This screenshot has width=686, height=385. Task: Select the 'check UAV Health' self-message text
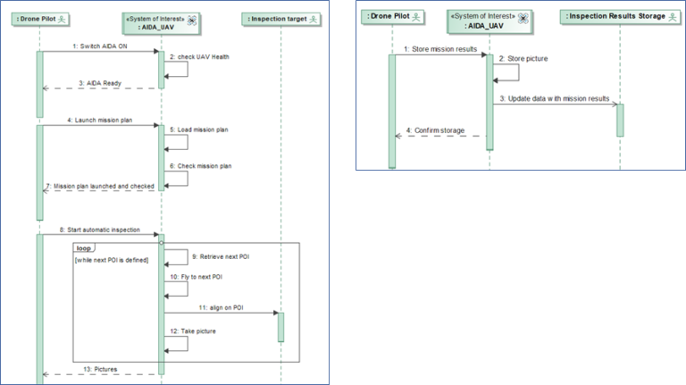204,57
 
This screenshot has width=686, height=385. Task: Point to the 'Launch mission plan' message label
99,119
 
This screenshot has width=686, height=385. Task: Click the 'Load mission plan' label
202,130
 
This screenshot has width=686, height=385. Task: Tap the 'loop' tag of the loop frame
85,247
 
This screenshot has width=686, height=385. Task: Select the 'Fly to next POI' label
199,277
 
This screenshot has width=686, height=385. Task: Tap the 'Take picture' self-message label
198,331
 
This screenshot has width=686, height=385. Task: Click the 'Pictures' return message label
100,368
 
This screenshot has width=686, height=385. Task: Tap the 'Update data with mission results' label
555,98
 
